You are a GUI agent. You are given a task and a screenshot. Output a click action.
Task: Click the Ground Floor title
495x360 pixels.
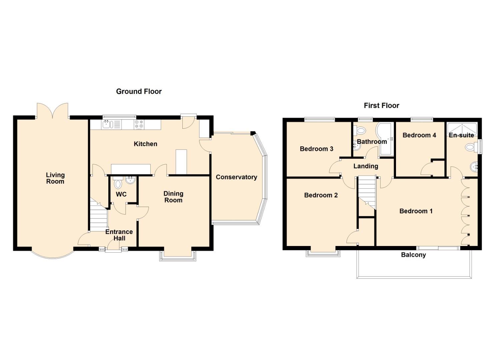tap(139, 91)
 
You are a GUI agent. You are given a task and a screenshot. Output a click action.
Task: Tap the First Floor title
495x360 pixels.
tap(381, 106)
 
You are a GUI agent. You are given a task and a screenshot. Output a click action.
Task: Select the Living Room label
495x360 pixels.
tap(55, 178)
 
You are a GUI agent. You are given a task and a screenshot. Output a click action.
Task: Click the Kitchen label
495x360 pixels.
tap(145, 144)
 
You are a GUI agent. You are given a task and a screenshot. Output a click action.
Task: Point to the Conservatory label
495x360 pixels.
tap(236, 177)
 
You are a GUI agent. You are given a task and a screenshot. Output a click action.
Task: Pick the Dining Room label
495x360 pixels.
tap(173, 197)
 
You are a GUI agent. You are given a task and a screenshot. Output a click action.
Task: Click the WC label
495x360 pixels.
tap(121, 194)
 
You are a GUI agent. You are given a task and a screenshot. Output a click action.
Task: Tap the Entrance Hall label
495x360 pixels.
tap(119, 235)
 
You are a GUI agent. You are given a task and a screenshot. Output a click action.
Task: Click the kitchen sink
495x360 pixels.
tap(108, 125)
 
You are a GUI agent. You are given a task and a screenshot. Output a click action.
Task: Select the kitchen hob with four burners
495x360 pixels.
tap(139, 125)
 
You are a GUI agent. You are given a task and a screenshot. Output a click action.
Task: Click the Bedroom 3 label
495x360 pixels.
tap(316, 149)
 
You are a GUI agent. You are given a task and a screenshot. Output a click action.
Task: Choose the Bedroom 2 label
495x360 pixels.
tap(321, 195)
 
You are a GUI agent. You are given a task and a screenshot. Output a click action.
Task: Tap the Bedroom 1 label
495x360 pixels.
tap(416, 211)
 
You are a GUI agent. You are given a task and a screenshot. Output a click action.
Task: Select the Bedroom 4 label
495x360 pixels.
tap(419, 135)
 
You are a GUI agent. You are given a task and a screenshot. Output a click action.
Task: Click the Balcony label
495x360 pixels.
tap(413, 255)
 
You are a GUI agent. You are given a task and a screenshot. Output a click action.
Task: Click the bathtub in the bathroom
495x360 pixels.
tap(385, 140)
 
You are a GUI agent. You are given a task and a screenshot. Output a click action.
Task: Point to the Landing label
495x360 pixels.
tap(366, 166)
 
